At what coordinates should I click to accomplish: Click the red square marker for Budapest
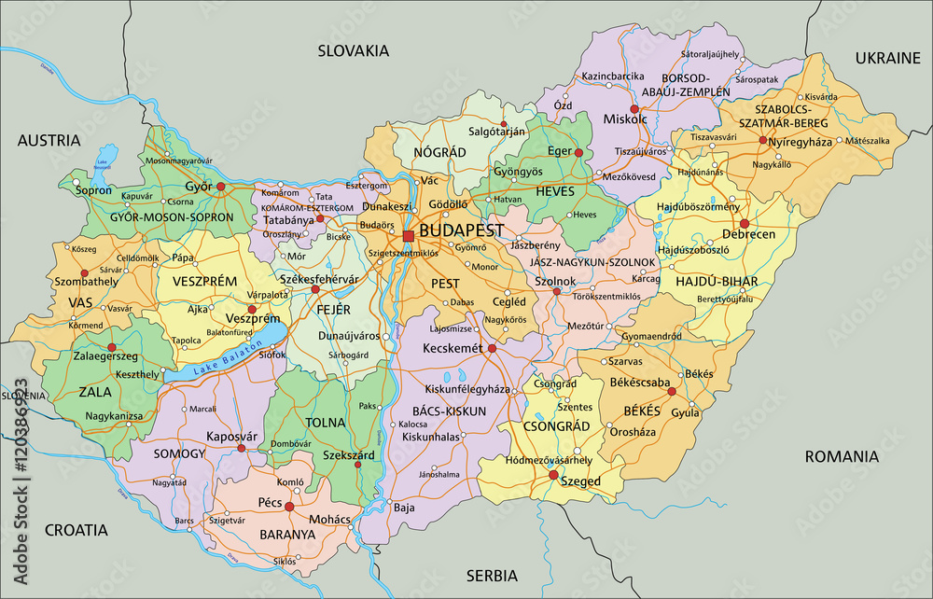(409, 236)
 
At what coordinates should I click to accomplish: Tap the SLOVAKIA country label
(353, 51)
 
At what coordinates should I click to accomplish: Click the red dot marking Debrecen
(745, 224)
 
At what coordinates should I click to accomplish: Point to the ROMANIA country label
(842, 457)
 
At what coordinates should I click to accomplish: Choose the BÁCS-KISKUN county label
(449, 411)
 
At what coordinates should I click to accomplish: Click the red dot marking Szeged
(552, 475)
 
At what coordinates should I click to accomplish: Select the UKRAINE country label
(887, 58)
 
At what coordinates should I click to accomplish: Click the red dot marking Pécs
(289, 508)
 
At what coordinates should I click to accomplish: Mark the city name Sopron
(93, 190)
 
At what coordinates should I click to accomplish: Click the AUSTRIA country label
(49, 141)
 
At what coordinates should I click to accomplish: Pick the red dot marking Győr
(221, 187)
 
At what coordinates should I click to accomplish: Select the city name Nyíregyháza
(807, 141)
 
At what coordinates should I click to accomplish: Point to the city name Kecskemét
(453, 348)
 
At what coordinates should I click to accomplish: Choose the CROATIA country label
(76, 530)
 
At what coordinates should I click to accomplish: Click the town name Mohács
(330, 519)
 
